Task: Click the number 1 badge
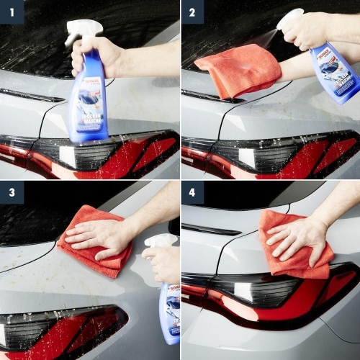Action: point(12,12)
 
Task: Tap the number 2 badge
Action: point(192,12)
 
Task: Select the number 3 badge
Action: point(12,192)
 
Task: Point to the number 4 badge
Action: point(192,192)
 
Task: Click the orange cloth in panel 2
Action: point(238,68)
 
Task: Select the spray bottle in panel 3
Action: point(169,302)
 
